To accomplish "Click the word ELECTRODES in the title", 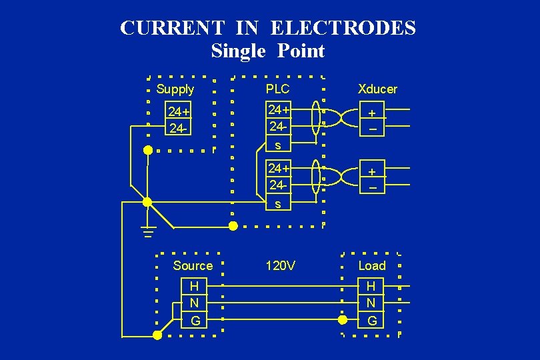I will tap(345, 28).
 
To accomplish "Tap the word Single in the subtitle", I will tap(237, 51).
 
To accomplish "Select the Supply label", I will tap(175, 89).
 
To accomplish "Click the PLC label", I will tap(277, 89).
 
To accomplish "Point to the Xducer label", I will tap(377, 89).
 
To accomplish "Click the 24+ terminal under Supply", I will tap(179, 111).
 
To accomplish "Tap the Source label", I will tap(193, 266).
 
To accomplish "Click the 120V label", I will tap(280, 266).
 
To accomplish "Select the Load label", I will tap(372, 266).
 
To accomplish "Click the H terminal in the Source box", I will tap(194, 287).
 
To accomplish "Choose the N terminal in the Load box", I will tap(371, 303).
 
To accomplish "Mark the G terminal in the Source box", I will tap(195, 321).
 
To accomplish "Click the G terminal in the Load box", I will tap(372, 321).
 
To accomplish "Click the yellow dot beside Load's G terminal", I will tap(343, 320).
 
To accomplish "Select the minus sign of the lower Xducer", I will tap(373, 189).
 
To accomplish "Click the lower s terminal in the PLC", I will tap(277, 204).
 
